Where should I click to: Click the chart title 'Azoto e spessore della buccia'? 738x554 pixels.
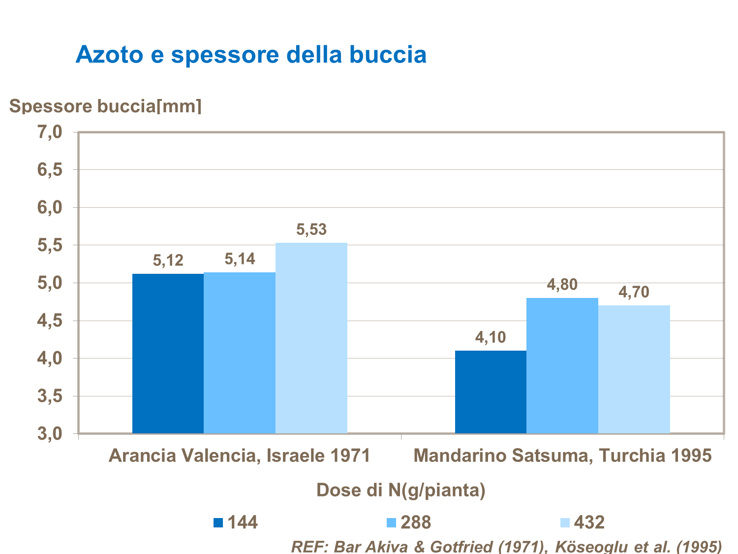(251, 54)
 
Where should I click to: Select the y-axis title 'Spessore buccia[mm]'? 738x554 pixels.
(105, 106)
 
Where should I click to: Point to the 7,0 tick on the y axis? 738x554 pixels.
(50, 132)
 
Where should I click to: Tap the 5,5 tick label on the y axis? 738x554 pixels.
(50, 245)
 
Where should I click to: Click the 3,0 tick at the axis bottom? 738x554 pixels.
(50, 434)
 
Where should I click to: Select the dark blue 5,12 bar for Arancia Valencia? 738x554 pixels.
(168, 354)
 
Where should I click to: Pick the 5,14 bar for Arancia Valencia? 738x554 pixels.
(240, 353)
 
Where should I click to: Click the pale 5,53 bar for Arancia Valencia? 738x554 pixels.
(311, 338)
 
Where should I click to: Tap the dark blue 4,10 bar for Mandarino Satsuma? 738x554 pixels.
(491, 392)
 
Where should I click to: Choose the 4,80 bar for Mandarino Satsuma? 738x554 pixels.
(562, 365)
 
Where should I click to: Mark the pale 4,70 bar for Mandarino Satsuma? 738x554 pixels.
(634, 369)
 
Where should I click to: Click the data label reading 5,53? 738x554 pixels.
(311, 229)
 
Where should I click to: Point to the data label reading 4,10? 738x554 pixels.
(491, 337)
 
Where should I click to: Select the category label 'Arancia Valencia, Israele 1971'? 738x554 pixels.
(240, 456)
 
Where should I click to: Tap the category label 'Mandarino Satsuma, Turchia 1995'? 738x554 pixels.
(563, 456)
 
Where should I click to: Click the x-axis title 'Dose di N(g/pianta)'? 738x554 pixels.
(401, 490)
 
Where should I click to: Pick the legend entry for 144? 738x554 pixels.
(236, 522)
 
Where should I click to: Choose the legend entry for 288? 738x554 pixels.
(409, 522)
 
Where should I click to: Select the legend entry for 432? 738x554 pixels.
(584, 522)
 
